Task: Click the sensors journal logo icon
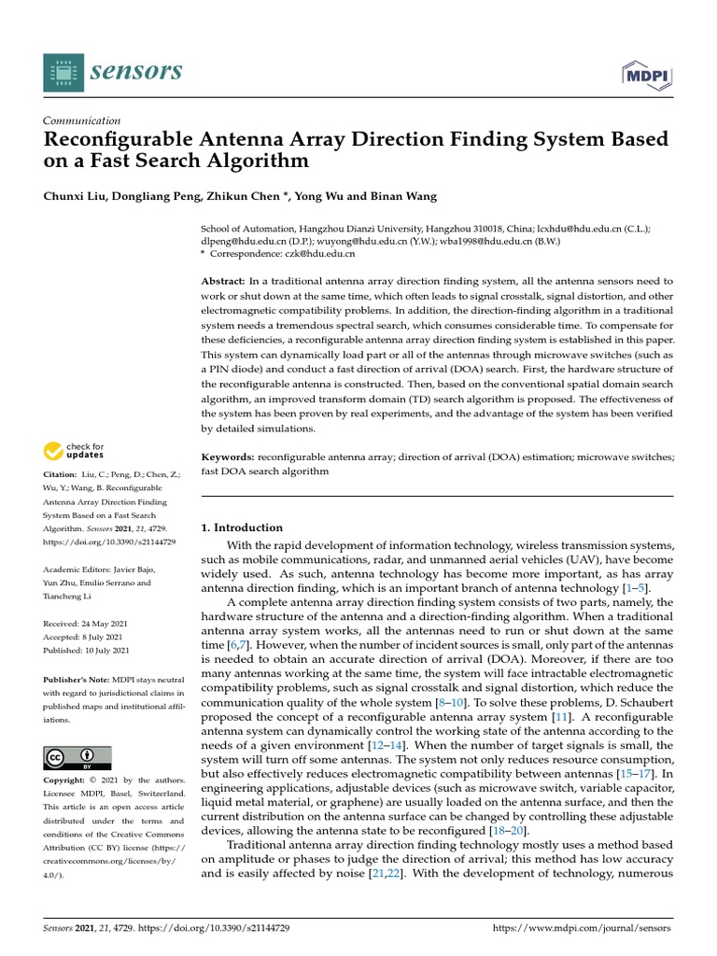[x=63, y=73]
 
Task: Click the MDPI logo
[x=646, y=74]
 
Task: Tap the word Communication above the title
[x=82, y=120]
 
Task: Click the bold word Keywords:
[x=229, y=457]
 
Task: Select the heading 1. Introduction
[x=242, y=527]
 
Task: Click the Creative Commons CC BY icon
[x=77, y=757]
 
